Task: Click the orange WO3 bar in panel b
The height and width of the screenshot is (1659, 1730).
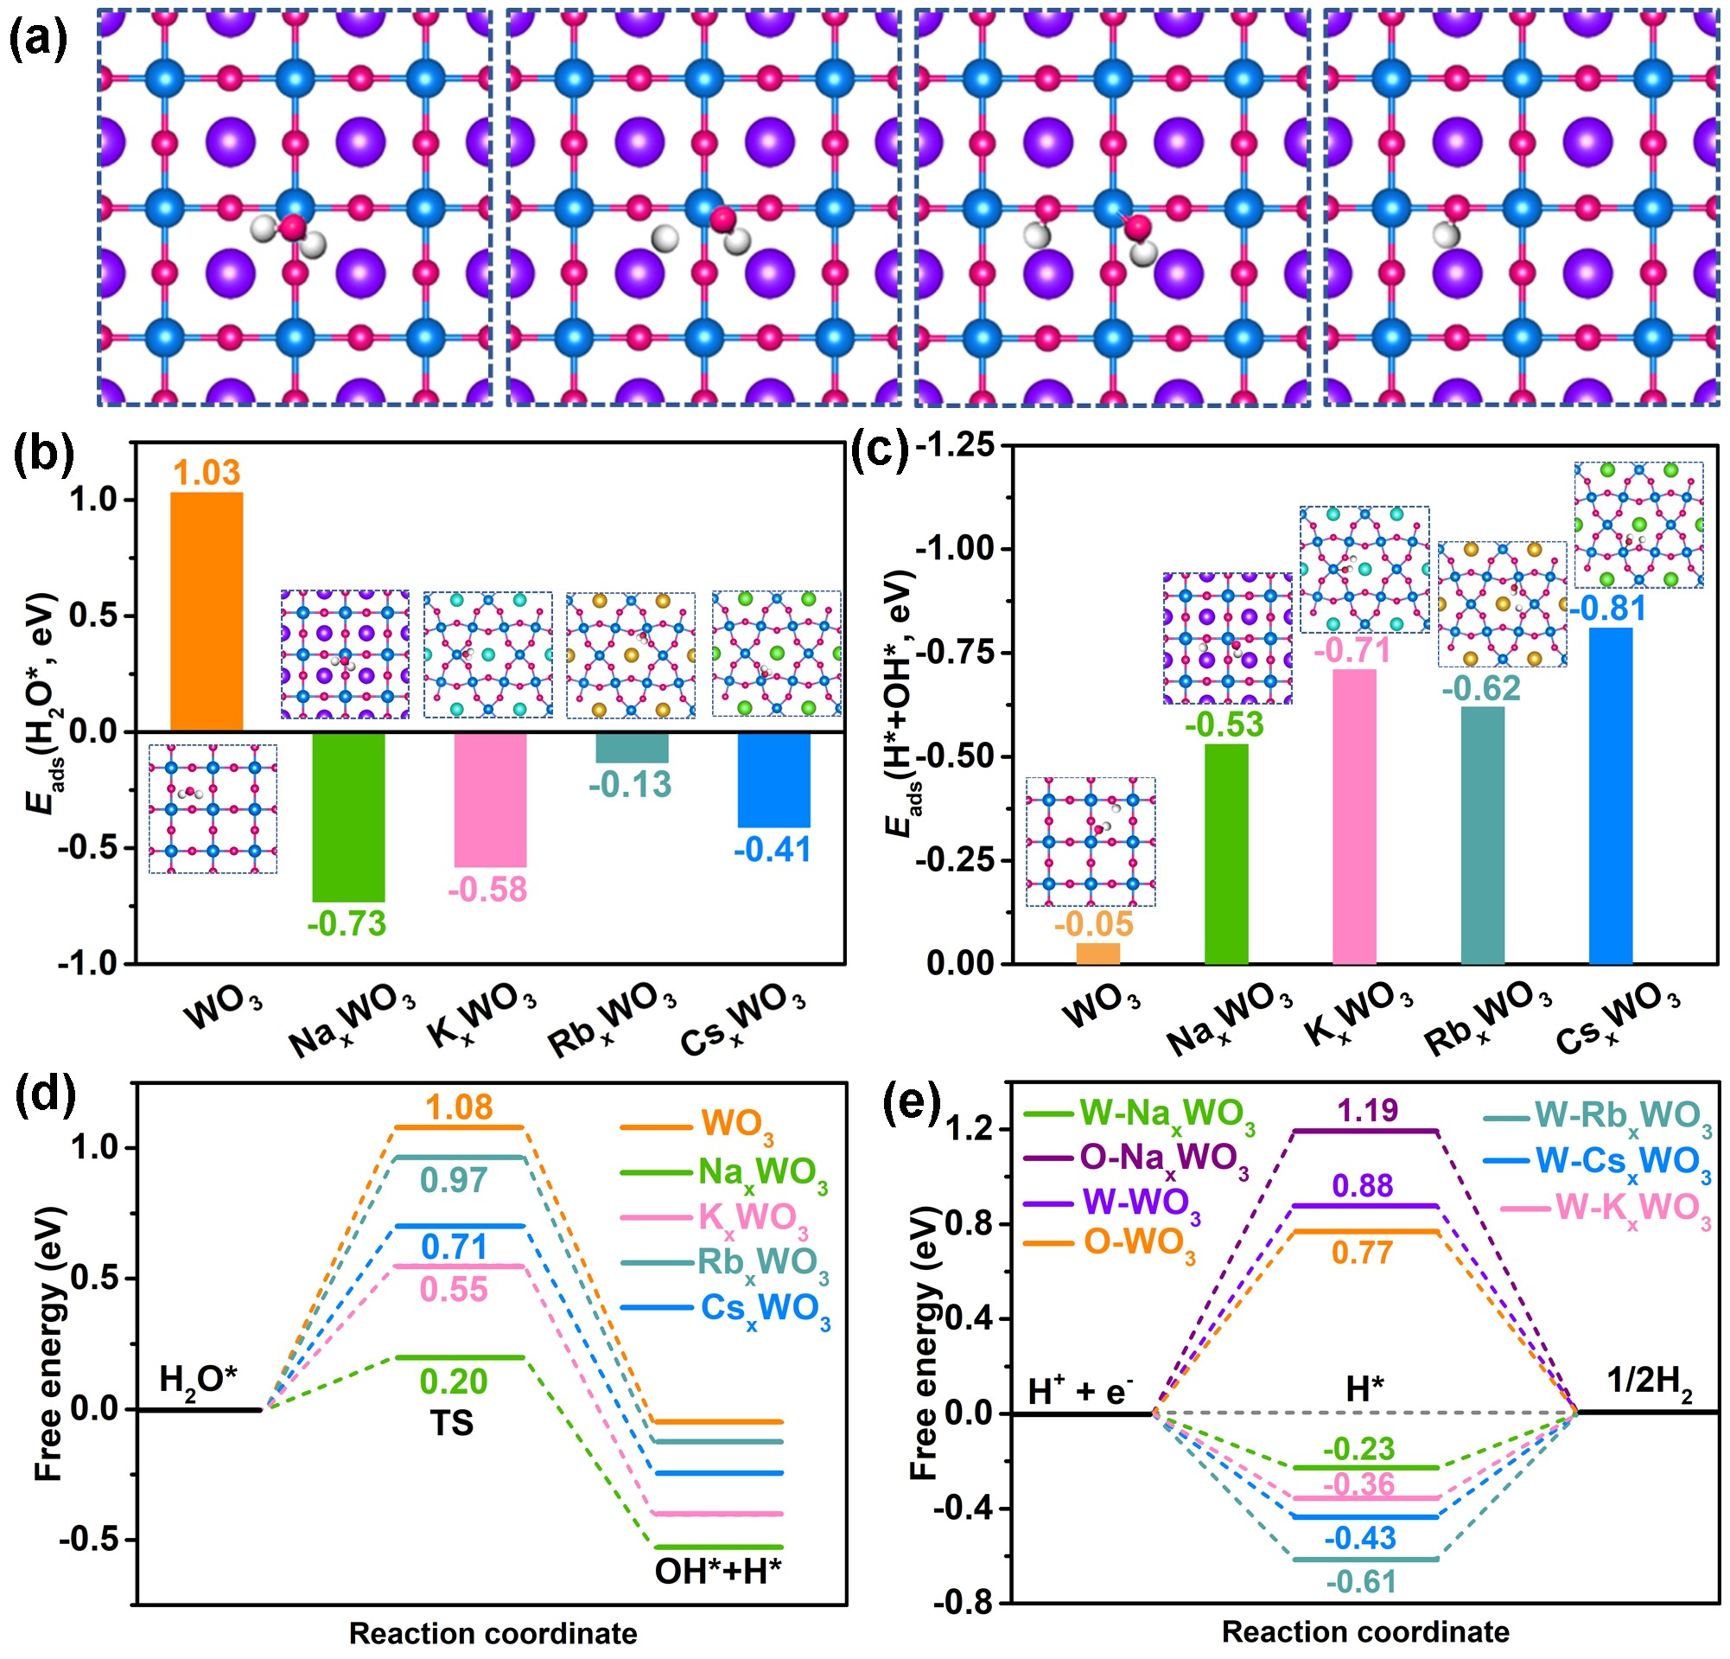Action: coord(206,611)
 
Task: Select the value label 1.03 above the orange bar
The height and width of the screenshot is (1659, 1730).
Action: coord(206,473)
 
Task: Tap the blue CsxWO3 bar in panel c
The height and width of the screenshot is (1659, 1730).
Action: coord(1610,794)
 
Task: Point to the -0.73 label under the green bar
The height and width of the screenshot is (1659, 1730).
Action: coord(347,923)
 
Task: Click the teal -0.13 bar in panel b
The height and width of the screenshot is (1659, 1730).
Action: coord(631,747)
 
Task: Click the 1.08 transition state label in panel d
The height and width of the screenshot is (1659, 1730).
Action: coord(460,1107)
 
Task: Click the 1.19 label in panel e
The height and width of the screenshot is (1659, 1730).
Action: coord(1367,1110)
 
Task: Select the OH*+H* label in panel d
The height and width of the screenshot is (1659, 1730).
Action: coord(717,1572)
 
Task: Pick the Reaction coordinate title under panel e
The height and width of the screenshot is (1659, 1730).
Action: coord(1364,1632)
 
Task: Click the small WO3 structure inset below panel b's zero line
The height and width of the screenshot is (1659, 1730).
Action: coord(213,807)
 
